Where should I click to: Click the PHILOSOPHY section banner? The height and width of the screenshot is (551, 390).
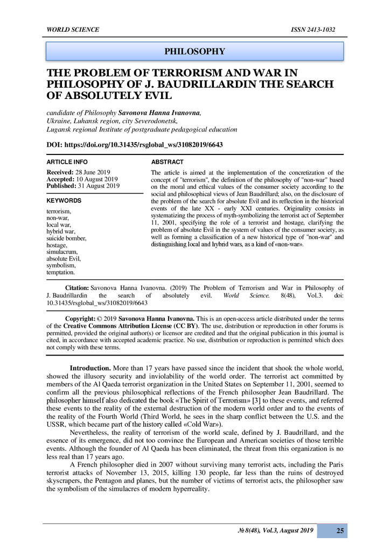point(194,52)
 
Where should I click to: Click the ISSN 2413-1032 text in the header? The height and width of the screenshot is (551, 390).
point(312,30)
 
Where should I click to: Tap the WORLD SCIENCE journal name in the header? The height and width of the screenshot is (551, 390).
point(73,30)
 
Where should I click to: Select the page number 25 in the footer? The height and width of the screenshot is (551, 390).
point(340,531)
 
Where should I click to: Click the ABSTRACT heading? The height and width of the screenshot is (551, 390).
point(167,162)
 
